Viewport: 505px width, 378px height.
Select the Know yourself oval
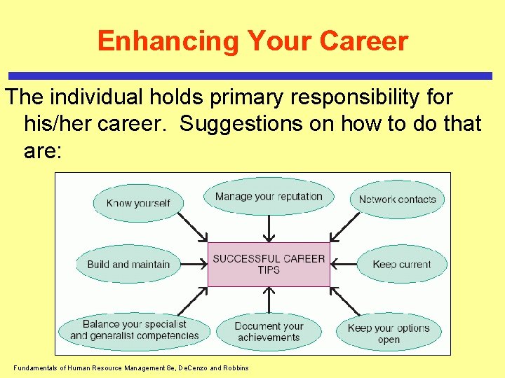(138, 203)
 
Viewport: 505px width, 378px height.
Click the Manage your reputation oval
(269, 197)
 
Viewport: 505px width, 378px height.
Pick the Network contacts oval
(397, 199)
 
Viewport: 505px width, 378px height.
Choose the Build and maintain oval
(128, 265)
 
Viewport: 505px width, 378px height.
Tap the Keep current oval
(401, 265)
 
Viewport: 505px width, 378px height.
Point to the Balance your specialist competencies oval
(134, 330)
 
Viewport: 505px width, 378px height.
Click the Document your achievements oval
(269, 332)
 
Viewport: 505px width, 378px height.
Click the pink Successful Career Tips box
(269, 264)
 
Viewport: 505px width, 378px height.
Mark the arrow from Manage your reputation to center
(269, 227)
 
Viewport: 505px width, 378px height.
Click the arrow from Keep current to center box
(344, 265)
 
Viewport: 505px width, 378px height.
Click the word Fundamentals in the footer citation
(35, 368)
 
